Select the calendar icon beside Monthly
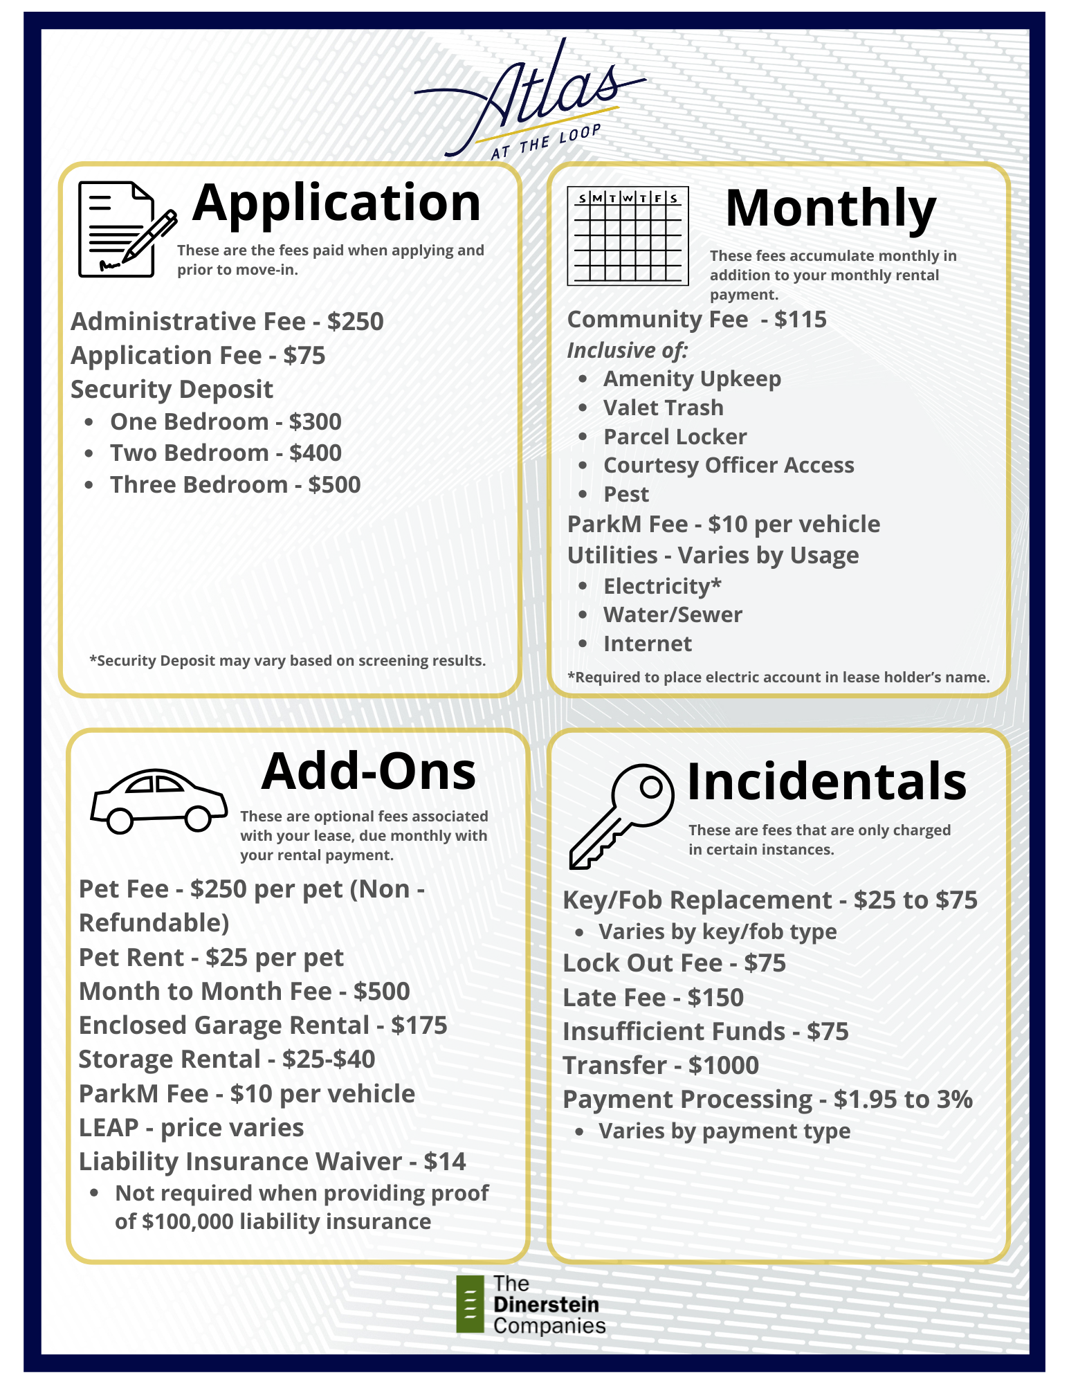628,235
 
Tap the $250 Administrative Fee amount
356,322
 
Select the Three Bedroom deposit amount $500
334,485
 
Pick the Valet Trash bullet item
663,408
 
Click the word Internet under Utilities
647,644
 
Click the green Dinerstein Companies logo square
470,1304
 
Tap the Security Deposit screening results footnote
287,661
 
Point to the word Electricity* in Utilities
662,587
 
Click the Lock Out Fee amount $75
765,963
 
